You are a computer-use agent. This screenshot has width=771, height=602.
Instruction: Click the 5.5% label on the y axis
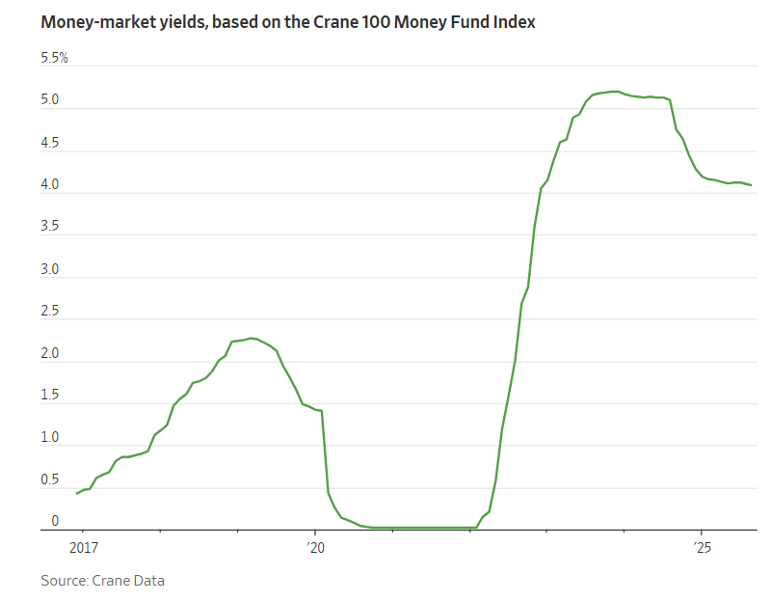[54, 59]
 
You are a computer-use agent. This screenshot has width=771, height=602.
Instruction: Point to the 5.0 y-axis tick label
[50, 100]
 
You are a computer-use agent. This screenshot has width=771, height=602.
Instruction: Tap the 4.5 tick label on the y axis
[50, 143]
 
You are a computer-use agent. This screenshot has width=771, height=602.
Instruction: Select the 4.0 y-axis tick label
[50, 185]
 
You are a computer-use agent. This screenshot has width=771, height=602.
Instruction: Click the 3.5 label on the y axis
[50, 227]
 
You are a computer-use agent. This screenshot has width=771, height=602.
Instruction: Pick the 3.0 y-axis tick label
[50, 269]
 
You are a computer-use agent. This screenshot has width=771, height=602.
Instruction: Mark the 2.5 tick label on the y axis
[50, 312]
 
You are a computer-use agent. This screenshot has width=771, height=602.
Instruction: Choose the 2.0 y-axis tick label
[50, 354]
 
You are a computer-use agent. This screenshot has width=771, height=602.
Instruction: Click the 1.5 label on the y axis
[50, 396]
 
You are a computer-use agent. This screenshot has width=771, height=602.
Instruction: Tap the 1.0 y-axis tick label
[50, 438]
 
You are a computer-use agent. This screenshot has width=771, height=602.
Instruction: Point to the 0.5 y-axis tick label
[50, 480]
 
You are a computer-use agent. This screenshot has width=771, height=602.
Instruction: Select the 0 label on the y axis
[55, 521]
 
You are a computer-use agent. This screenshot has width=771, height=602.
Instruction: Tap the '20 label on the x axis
[315, 548]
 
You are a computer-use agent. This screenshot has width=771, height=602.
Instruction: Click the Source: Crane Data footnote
[102, 580]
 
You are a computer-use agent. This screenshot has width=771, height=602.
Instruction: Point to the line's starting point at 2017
[77, 493]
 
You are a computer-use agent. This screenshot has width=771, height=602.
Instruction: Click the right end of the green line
[752, 185]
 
